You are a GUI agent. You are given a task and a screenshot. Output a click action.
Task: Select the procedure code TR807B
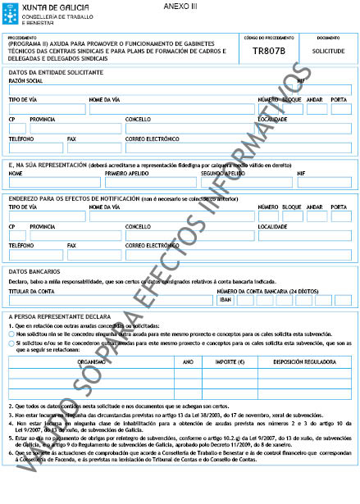(x=269, y=52)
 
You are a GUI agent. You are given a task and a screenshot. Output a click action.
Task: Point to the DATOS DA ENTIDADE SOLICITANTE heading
(x=56, y=73)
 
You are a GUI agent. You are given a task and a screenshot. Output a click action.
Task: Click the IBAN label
(x=226, y=299)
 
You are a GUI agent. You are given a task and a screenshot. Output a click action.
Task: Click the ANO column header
(x=187, y=360)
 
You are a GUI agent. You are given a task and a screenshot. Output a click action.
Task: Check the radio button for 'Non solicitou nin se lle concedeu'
(x=12, y=334)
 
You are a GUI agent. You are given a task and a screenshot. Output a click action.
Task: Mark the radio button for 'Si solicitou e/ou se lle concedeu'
(x=12, y=343)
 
